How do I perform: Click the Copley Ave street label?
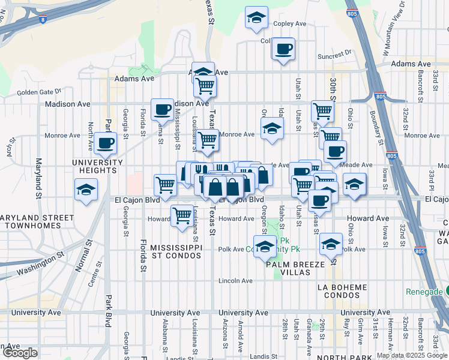(290, 24)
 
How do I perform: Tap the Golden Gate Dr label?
(39, 92)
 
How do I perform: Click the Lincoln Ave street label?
(235, 280)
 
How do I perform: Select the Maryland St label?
(38, 179)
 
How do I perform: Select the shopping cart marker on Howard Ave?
(182, 215)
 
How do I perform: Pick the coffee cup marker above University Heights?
(106, 143)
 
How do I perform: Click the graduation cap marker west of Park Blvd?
(86, 190)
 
